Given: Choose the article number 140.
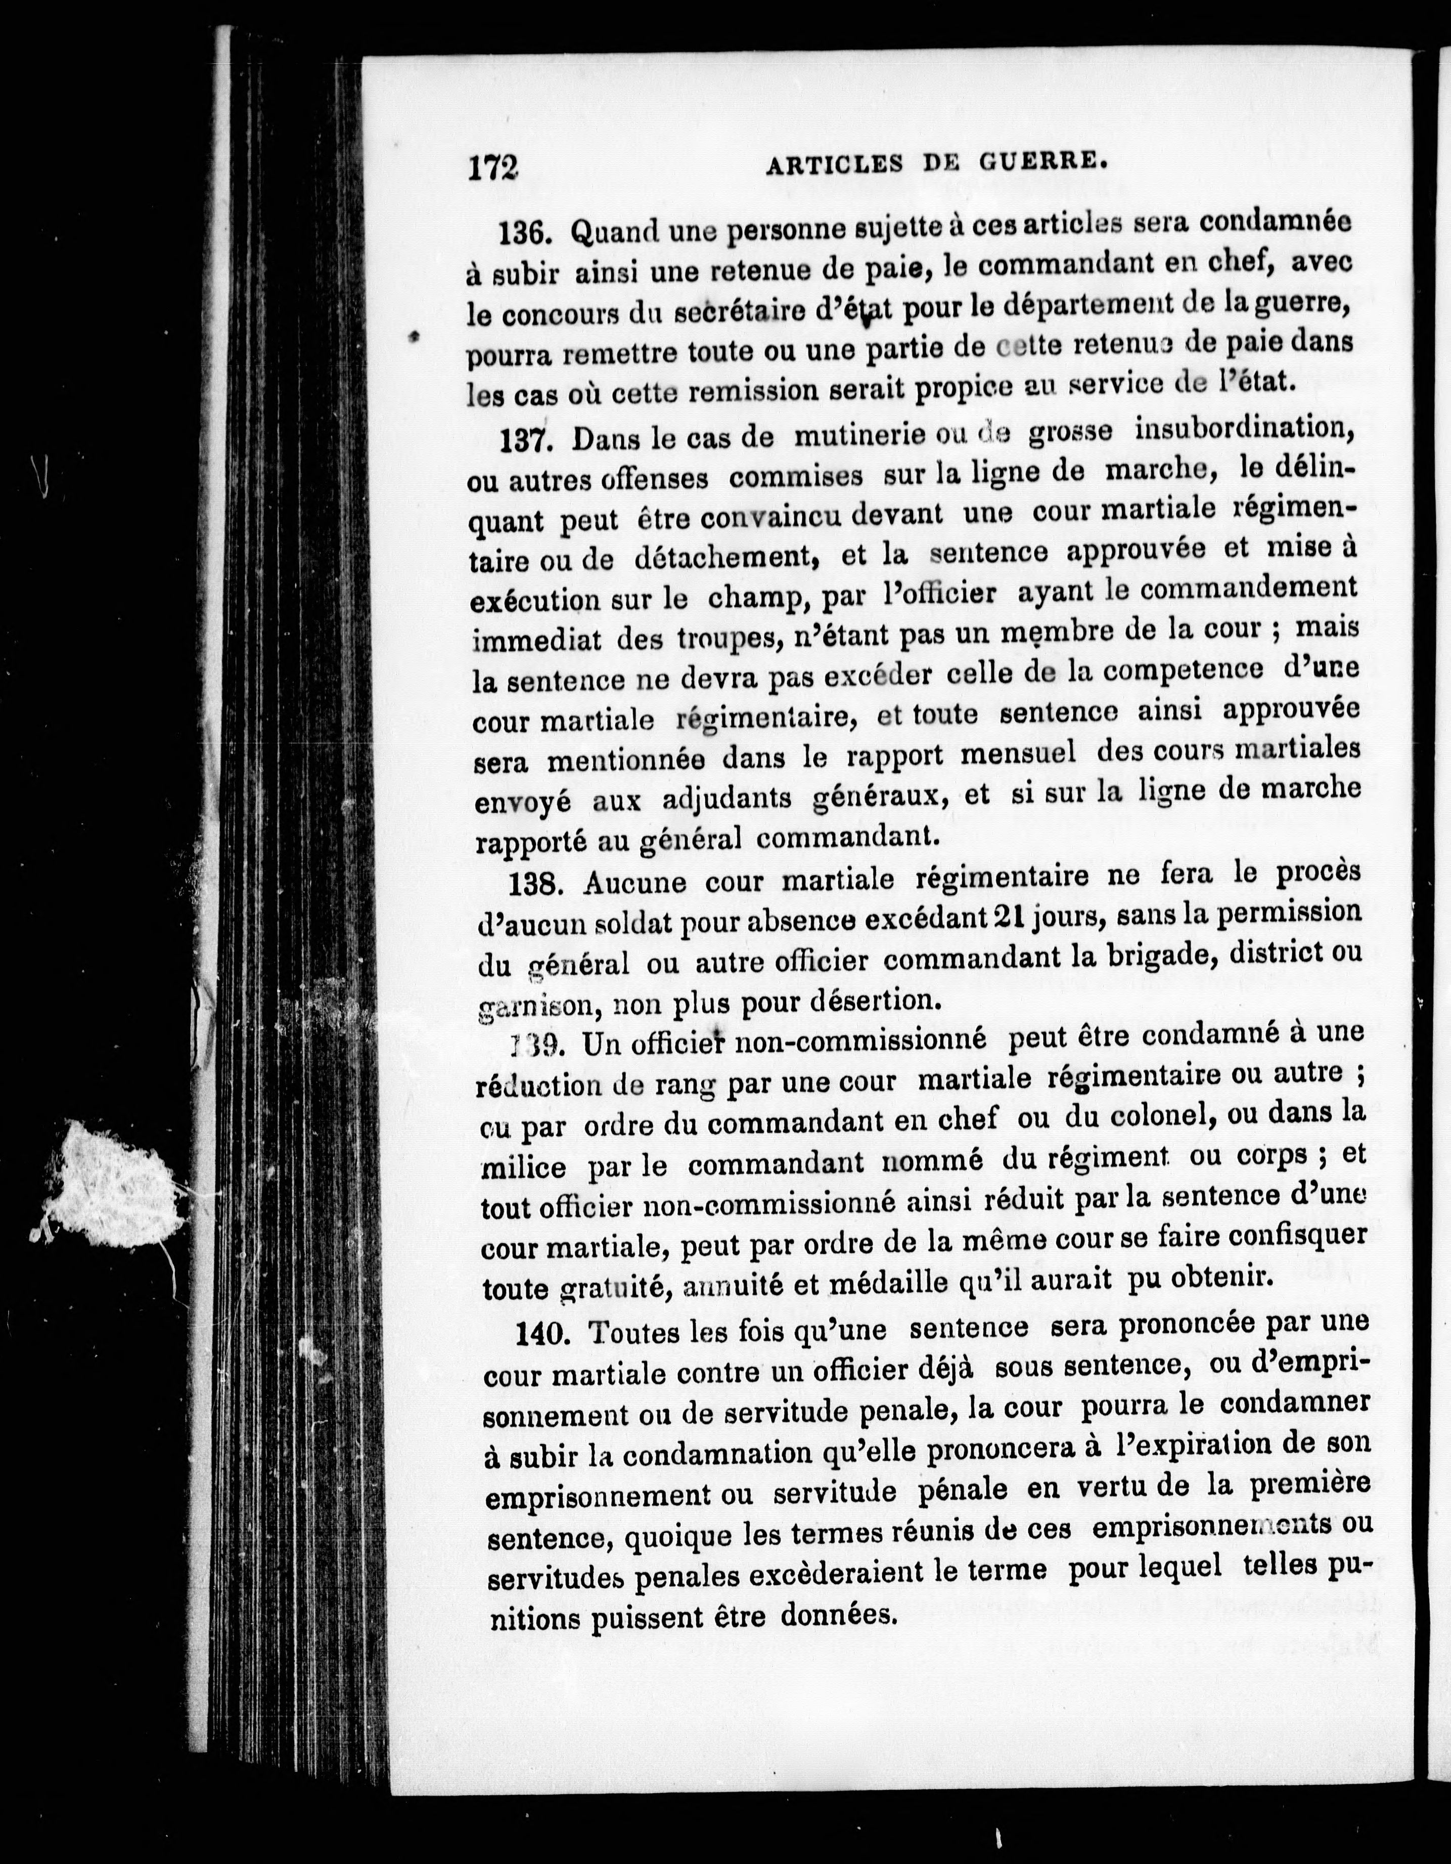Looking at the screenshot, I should [x=543, y=1333].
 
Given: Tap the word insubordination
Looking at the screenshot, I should [x=1244, y=427].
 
